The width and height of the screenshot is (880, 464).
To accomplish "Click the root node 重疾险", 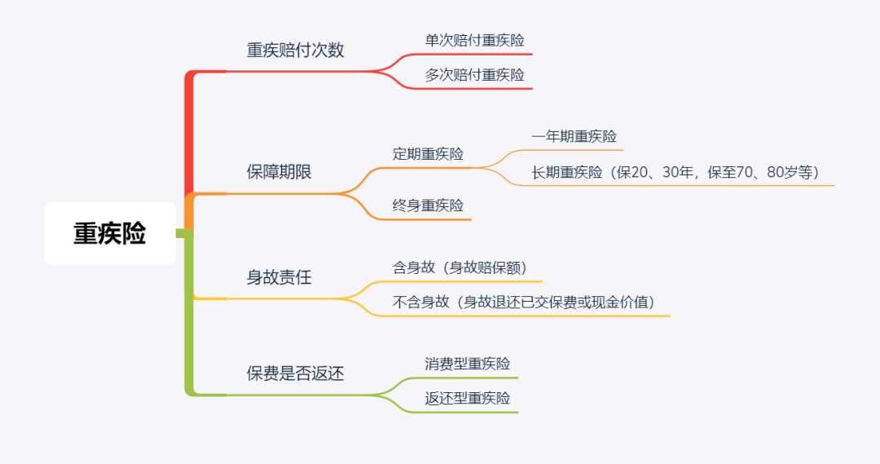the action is pyautogui.click(x=109, y=233).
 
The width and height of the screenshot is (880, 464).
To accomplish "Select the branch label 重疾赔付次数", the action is pyautogui.click(x=295, y=50).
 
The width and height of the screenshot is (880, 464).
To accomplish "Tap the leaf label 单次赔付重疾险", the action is pyautogui.click(x=474, y=41).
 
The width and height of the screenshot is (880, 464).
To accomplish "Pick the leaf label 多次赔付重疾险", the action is pyautogui.click(x=474, y=75).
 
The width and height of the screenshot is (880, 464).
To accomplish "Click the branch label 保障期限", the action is pyautogui.click(x=279, y=172).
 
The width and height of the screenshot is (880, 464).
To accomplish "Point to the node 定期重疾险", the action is pyautogui.click(x=428, y=154).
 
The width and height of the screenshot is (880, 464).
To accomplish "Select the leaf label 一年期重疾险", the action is pyautogui.click(x=574, y=136).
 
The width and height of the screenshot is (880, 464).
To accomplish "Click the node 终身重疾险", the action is pyautogui.click(x=428, y=205).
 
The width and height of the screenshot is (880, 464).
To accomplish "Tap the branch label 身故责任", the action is pyautogui.click(x=279, y=277).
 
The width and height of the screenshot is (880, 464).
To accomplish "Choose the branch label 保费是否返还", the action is pyautogui.click(x=295, y=373).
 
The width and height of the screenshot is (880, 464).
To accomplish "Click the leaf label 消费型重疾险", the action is pyautogui.click(x=467, y=364).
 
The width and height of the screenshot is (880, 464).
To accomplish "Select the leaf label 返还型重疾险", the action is pyautogui.click(x=467, y=398).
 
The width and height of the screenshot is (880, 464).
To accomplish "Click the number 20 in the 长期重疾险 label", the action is pyautogui.click(x=640, y=172).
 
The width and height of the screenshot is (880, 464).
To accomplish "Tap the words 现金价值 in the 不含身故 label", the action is pyautogui.click(x=619, y=303).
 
